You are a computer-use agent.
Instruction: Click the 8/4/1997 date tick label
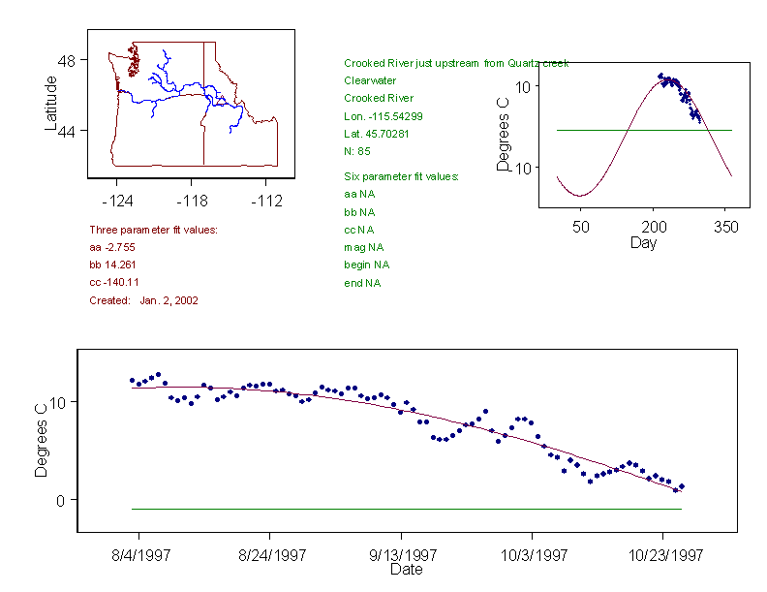tap(138, 556)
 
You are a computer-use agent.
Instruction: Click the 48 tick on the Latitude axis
tap(67, 60)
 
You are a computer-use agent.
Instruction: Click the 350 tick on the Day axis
tap(726, 227)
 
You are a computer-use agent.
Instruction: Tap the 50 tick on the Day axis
tap(580, 227)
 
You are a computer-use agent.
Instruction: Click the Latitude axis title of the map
tap(51, 104)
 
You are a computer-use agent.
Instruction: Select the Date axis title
tap(406, 570)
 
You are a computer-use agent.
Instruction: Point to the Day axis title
tap(643, 242)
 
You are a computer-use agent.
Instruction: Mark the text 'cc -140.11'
tap(114, 283)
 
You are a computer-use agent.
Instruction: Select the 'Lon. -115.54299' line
tap(383, 116)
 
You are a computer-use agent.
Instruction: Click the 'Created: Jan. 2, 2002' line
tap(143, 300)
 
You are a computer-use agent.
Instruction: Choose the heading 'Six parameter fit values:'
tap(401, 176)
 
